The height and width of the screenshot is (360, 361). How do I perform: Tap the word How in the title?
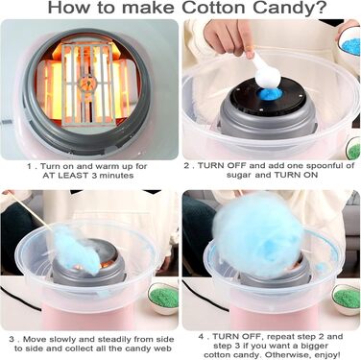click(x=68, y=8)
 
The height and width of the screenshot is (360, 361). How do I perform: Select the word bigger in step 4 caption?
click(x=315, y=346)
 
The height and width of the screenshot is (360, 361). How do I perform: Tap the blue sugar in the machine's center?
click(x=271, y=94)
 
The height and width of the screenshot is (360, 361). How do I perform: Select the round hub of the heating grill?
click(x=86, y=85)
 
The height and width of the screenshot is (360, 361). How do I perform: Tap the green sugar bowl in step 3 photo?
click(x=163, y=298)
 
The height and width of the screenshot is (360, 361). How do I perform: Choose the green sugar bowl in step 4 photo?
click(x=347, y=300)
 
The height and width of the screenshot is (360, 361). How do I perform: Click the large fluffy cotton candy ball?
click(x=256, y=237)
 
